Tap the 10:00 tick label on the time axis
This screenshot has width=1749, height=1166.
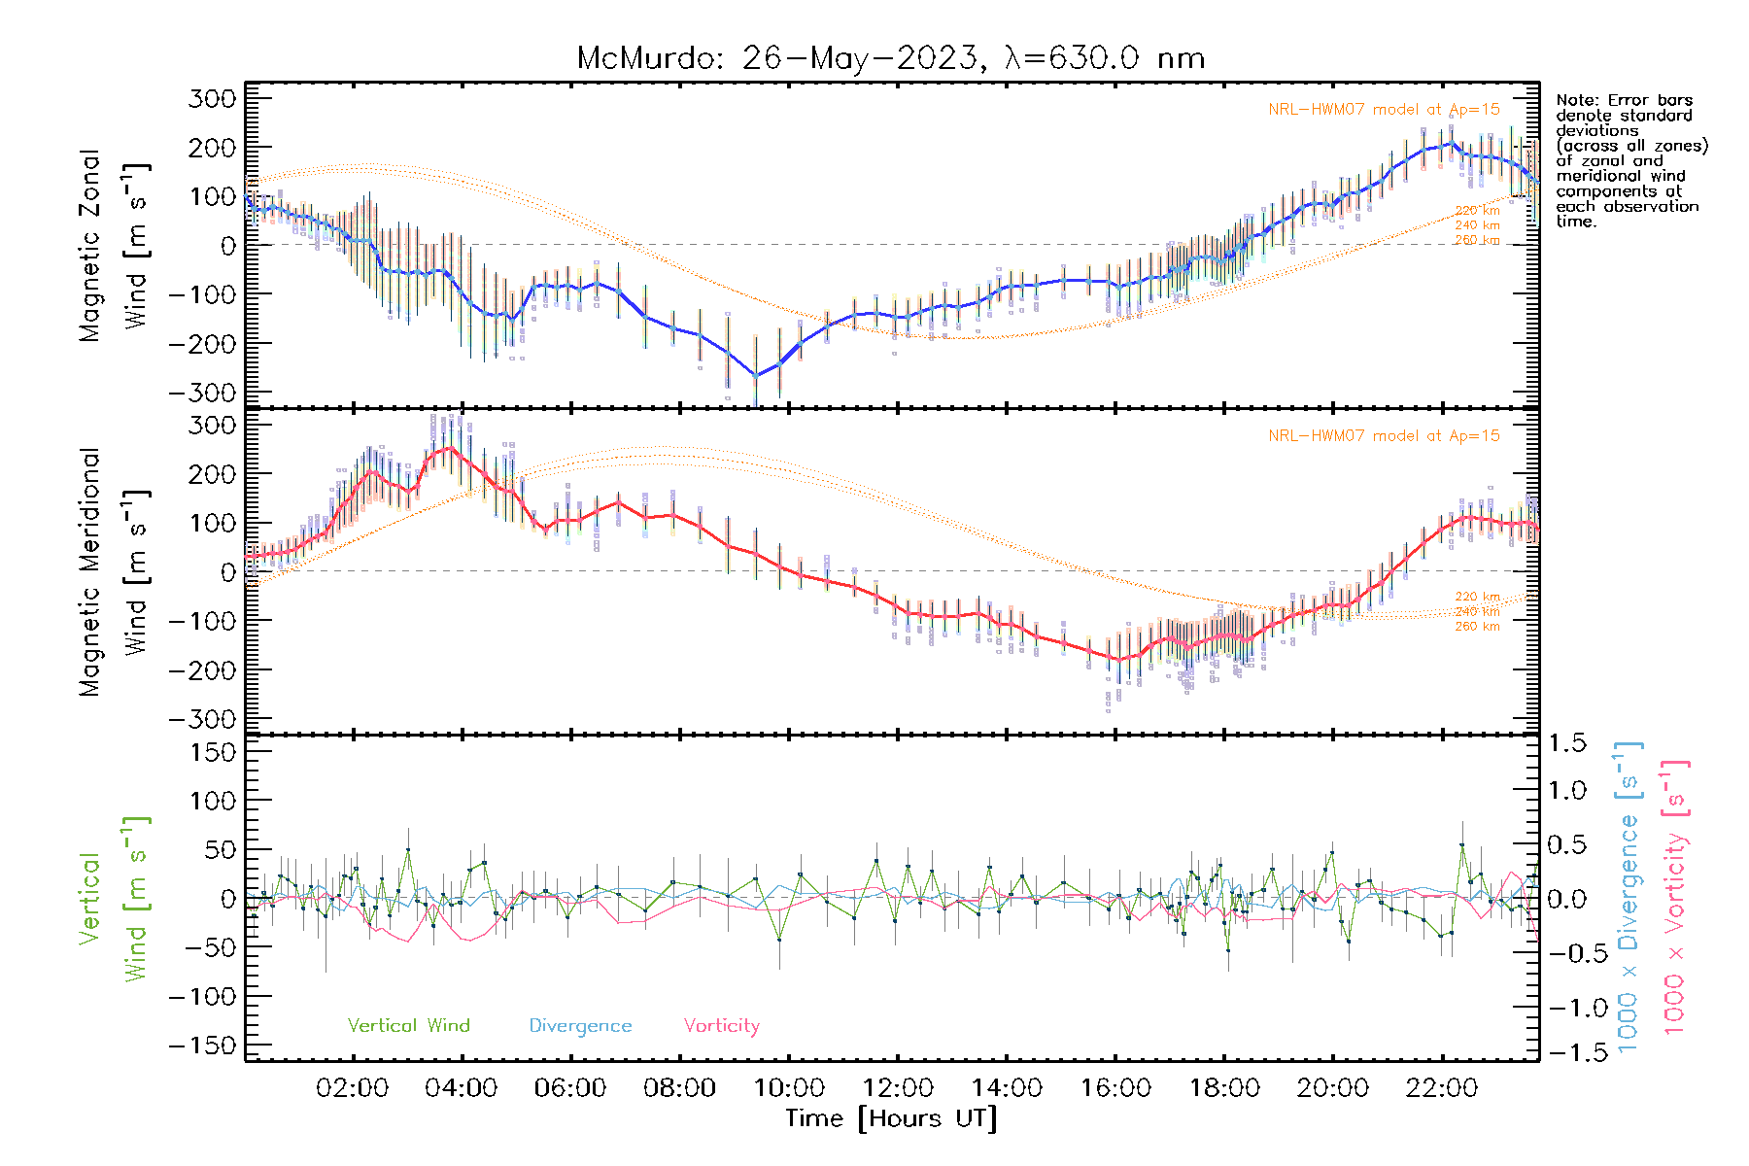(789, 1088)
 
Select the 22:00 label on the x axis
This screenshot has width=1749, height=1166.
(1442, 1088)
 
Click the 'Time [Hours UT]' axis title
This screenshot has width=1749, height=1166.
(891, 1119)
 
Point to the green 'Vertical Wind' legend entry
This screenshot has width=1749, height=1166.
(408, 1026)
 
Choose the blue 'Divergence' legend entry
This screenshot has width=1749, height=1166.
(580, 1026)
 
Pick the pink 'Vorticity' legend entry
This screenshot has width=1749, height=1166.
(721, 1026)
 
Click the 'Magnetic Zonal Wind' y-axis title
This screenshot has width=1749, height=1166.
(114, 245)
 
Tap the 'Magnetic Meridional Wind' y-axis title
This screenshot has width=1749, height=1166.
(114, 571)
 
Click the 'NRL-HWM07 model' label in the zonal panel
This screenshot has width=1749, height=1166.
(1384, 110)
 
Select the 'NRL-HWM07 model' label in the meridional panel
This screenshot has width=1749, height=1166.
(1384, 436)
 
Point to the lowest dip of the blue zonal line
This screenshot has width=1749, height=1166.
(756, 375)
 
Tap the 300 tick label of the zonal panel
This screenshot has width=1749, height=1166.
(213, 98)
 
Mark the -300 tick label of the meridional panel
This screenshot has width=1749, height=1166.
(203, 719)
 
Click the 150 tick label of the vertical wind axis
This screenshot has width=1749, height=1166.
(213, 752)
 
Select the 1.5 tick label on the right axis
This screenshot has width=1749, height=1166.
(1566, 743)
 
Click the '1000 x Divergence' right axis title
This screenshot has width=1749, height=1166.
(1629, 896)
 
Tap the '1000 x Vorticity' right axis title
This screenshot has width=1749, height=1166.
(1675, 896)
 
